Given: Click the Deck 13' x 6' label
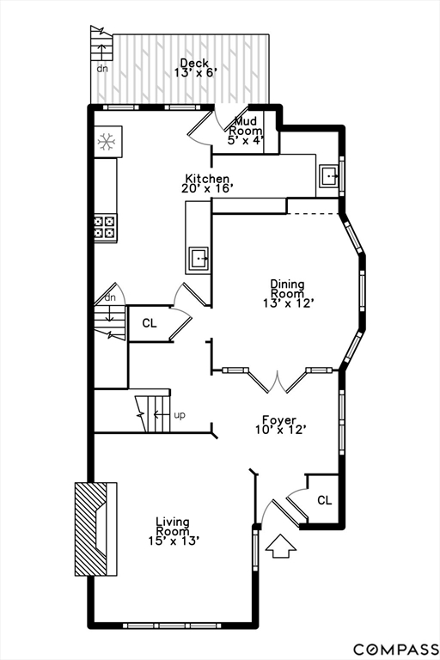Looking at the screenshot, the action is pyautogui.click(x=195, y=68).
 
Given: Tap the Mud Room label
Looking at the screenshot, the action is pyautogui.click(x=246, y=131).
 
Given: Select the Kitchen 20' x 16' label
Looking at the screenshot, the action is pyautogui.click(x=207, y=183).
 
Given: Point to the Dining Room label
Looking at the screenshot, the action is pyautogui.click(x=288, y=293).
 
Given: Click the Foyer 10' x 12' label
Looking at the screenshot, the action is pyautogui.click(x=279, y=425).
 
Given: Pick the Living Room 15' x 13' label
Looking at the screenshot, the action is pyautogui.click(x=173, y=531).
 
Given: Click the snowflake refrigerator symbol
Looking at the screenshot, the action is pyautogui.click(x=107, y=142).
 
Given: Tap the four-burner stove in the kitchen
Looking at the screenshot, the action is pyautogui.click(x=105, y=227).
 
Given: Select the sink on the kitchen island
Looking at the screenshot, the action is pyautogui.click(x=199, y=258).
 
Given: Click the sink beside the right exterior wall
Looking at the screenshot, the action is pyautogui.click(x=329, y=176).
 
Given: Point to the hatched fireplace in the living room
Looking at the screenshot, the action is pyautogui.click(x=95, y=529).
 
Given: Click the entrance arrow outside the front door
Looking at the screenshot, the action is pyautogui.click(x=281, y=547).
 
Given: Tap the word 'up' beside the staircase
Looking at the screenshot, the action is pyautogui.click(x=180, y=415).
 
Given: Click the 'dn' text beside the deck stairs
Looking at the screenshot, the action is pyautogui.click(x=102, y=68).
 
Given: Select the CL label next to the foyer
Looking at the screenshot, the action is pyautogui.click(x=324, y=500).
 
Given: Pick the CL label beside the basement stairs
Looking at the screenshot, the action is pyautogui.click(x=149, y=323).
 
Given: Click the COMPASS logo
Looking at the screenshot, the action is pyautogui.click(x=396, y=649).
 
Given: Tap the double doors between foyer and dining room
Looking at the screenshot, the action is pyautogui.click(x=277, y=382).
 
